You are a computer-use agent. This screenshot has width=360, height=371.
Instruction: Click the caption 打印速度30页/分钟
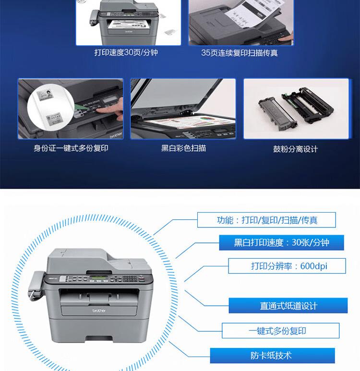pos(126,52)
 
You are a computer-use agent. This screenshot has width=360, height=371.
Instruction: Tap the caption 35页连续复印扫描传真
pos(239,53)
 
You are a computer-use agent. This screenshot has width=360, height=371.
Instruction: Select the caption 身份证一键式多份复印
pos(71,148)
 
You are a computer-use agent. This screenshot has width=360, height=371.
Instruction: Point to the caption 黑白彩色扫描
pos(183,148)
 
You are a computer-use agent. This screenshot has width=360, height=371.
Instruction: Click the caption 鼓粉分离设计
pos(296,149)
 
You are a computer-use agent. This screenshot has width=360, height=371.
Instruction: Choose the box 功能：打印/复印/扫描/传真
pos(266,220)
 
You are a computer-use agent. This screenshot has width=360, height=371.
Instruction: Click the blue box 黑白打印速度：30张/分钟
pos(281,242)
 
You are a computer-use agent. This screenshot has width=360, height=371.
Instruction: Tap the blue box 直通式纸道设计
pos(288,306)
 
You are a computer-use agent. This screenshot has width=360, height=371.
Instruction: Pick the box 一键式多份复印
pos(280,330)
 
